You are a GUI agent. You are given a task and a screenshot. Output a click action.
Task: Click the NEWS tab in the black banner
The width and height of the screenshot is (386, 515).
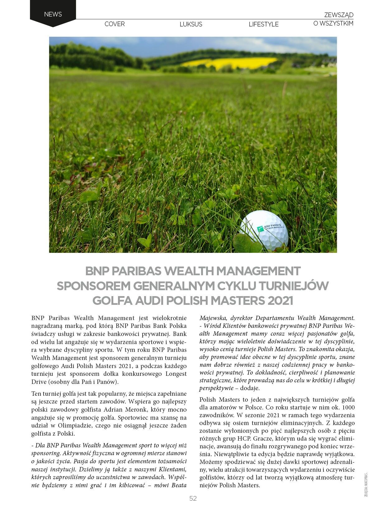click(x=53, y=14)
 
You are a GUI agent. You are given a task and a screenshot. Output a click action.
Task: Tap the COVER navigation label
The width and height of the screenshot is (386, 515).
click(x=115, y=24)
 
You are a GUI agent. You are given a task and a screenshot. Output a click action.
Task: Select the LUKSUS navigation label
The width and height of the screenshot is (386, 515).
click(x=191, y=24)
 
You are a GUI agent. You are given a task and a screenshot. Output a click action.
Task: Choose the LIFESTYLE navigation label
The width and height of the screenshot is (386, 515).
click(x=264, y=24)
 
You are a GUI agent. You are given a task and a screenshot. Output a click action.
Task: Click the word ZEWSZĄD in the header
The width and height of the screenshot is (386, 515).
click(x=339, y=15)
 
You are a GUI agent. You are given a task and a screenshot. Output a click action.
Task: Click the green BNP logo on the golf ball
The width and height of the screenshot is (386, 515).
click(x=260, y=229)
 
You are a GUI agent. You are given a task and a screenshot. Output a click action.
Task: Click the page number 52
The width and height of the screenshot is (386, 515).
click(x=193, y=498)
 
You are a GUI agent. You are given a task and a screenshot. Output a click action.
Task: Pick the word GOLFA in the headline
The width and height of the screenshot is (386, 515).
click(x=112, y=301)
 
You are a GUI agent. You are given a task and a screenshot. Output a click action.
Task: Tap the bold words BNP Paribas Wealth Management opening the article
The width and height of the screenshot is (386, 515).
click(x=83, y=318)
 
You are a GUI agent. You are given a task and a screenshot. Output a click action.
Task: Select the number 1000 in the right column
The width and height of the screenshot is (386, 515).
click(x=348, y=407)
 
